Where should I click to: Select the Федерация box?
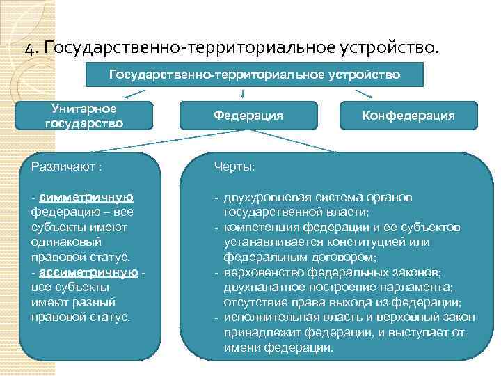coord(248,116)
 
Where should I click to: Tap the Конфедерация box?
coord(408,116)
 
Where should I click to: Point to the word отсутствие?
coord(254,302)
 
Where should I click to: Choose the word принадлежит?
coord(262,332)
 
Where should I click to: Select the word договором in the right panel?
coord(334,257)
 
